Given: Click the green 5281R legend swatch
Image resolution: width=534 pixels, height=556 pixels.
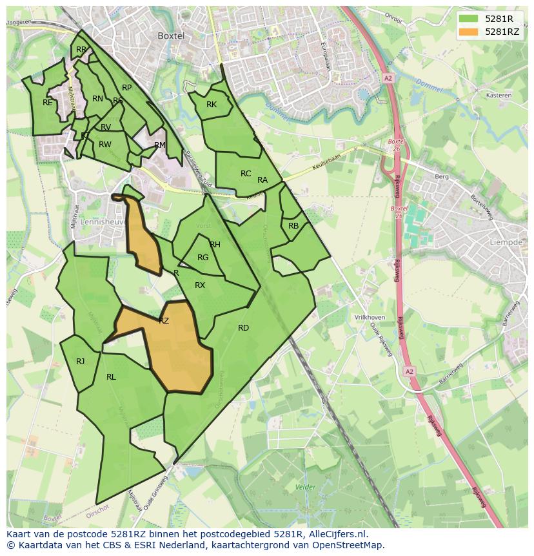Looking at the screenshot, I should point(468,19).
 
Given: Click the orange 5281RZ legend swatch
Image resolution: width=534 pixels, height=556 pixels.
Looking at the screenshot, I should point(468,32).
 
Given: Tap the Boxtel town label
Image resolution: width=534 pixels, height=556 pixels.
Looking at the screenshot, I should point(171,36).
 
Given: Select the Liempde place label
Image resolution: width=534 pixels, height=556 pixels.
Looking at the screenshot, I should point(507,242).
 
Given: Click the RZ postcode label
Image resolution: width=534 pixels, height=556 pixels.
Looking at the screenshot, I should point(164,320).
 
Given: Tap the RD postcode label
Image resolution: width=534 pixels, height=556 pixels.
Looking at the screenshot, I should point(243,328).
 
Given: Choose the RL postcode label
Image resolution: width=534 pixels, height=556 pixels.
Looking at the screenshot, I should point(111,377).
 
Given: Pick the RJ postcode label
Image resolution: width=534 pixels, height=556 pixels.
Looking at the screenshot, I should point(80,362).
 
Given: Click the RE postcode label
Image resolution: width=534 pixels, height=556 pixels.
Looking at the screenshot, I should point(47,102).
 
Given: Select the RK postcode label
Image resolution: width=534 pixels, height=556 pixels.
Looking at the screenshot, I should point(212,105).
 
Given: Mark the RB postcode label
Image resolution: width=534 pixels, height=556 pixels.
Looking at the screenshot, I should point(293,226).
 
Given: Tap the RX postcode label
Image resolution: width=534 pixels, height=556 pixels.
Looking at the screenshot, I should point(200,285).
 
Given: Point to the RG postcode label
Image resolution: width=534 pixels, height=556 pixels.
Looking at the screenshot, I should point(203,258).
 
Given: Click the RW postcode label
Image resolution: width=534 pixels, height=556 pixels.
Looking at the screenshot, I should point(104,145).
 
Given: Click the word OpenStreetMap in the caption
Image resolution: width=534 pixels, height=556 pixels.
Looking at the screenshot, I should point(349,545).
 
